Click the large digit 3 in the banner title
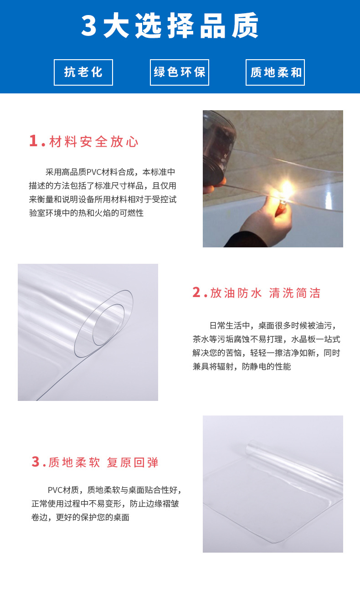pos(89,26)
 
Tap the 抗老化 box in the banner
pos(83,72)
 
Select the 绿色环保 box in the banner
pos(180,72)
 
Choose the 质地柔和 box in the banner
pos(275,72)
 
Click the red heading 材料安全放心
pos(94,142)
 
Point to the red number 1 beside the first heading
pos(33,141)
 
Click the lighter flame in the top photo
pos(286,187)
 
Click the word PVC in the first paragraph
pos(95,172)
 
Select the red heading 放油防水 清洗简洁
pos(265,293)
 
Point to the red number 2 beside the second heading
pos(196,292)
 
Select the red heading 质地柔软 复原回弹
pos(103,462)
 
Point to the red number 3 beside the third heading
pos(36,462)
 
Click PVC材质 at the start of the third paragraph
pos(64,490)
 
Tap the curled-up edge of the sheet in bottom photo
pos(292,460)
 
